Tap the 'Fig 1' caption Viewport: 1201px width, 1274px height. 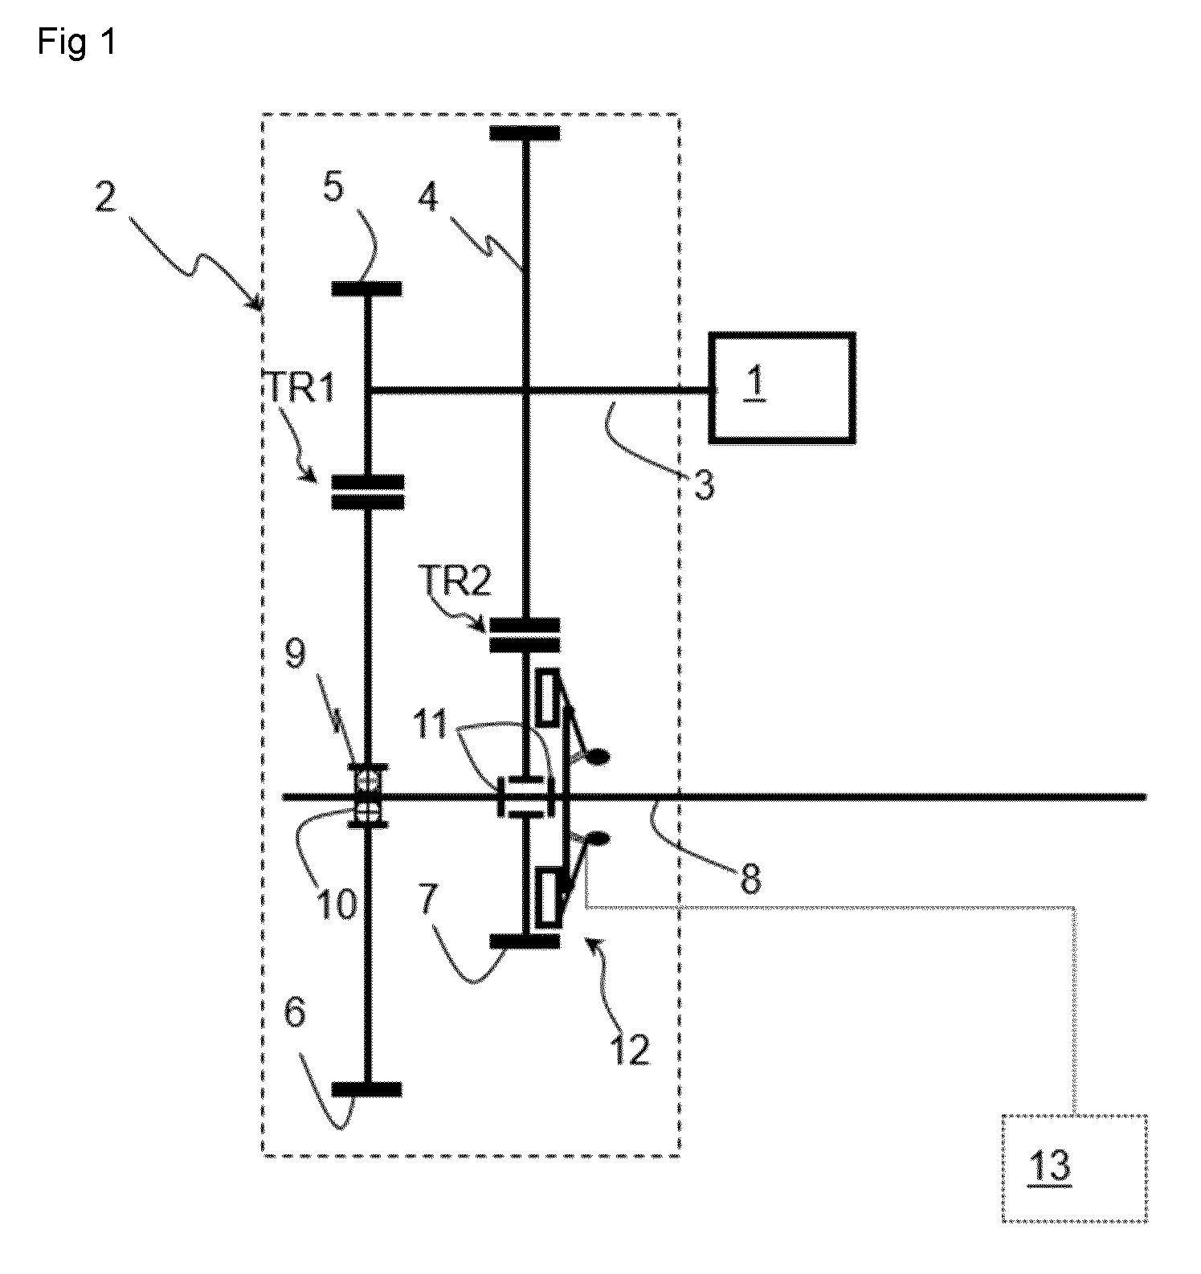pyautogui.click(x=77, y=42)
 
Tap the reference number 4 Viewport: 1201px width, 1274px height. pyautogui.click(x=429, y=196)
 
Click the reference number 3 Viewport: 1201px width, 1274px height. pyautogui.click(x=704, y=486)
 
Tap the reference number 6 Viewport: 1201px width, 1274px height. pyautogui.click(x=295, y=1013)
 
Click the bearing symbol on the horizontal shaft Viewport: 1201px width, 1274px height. pyautogui.click(x=368, y=795)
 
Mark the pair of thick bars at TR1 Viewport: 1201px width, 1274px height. pyautogui.click(x=367, y=492)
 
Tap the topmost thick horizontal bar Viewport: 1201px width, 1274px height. pyautogui.click(x=525, y=133)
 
